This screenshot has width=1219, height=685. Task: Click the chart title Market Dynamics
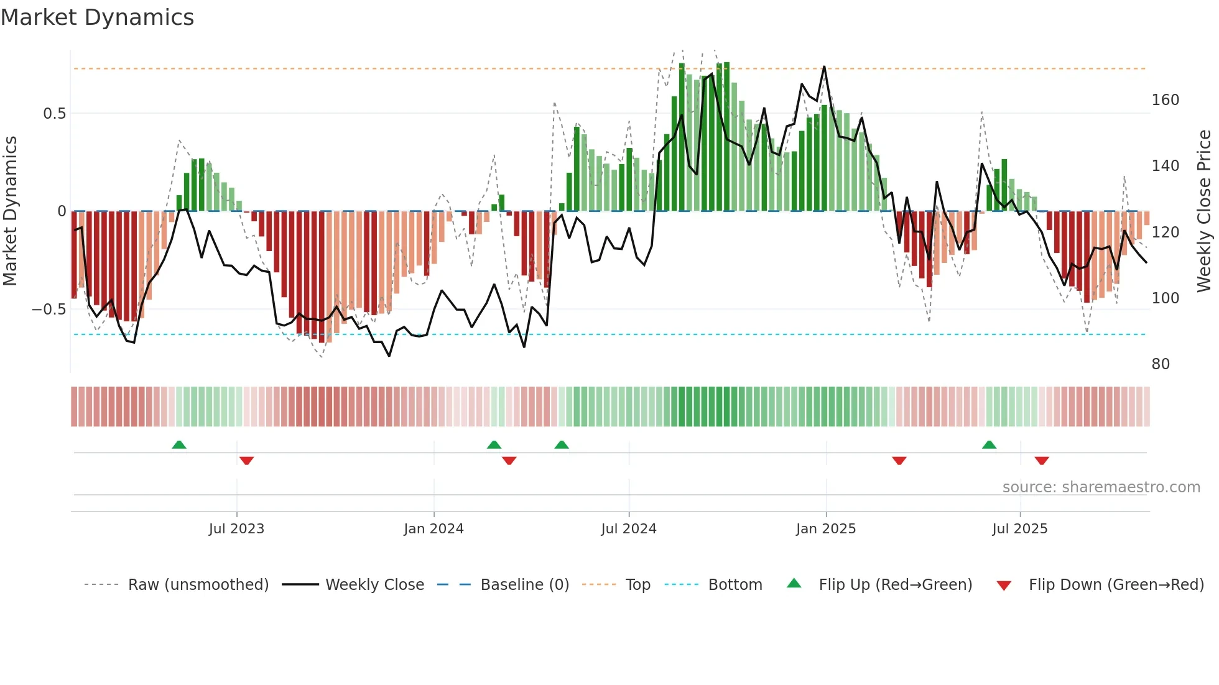[98, 17]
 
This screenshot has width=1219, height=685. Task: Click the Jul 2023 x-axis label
[236, 529]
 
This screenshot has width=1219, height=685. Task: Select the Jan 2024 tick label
[433, 529]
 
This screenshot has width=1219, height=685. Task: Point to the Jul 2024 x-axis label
[629, 529]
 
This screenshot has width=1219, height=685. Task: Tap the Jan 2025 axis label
[826, 529]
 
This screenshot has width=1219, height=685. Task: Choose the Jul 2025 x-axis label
[1020, 529]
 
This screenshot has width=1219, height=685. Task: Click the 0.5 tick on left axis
[54, 114]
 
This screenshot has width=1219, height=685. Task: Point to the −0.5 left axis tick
[49, 310]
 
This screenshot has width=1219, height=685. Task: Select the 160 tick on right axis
[1165, 100]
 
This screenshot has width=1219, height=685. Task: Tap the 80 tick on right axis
[1161, 364]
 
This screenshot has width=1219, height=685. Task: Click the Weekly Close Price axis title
[1204, 211]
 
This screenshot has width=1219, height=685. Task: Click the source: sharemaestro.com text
[1101, 487]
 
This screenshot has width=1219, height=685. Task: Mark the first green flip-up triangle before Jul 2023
[179, 444]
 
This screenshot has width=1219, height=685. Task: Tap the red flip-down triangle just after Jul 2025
[1042, 461]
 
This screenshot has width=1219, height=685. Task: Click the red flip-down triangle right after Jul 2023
[246, 461]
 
